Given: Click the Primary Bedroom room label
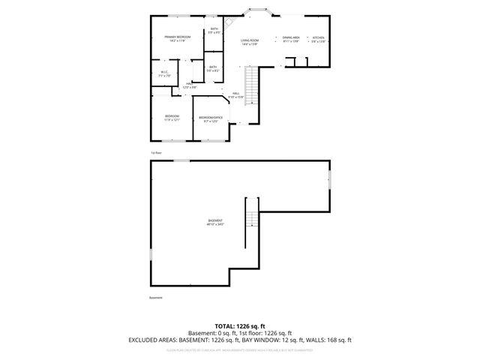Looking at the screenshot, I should click(x=178, y=38).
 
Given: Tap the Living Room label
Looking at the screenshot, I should click(x=250, y=41).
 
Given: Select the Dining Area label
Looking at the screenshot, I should click(x=291, y=38).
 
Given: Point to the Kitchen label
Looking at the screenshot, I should click(x=319, y=38).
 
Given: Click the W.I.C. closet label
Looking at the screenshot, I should click(x=165, y=73).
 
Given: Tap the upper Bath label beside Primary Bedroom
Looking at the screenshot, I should click(x=214, y=31).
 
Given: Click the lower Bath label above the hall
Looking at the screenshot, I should click(x=214, y=68).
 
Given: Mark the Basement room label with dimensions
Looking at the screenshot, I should click(x=216, y=222).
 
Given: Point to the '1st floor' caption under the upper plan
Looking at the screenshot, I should click(x=156, y=152).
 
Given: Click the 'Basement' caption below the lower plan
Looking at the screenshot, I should click(x=155, y=298).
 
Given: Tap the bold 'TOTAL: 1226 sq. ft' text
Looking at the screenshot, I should click(x=240, y=325).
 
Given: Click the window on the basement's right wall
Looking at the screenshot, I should click(x=329, y=180).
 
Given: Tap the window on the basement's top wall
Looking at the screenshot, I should click(x=181, y=160).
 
